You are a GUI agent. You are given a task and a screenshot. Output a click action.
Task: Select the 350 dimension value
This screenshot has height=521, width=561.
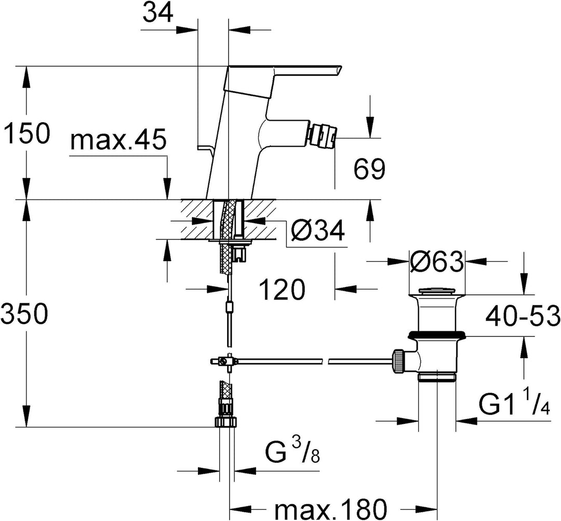click(x=24, y=314)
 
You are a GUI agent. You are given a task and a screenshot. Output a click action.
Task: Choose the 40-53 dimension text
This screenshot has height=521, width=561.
click(x=523, y=315)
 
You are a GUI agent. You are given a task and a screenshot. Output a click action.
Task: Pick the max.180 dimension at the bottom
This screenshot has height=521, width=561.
click(x=331, y=508)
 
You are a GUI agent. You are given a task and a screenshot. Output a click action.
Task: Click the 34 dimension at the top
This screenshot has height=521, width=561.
click(x=158, y=13)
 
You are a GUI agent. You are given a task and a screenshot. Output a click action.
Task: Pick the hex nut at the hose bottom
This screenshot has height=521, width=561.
click(x=226, y=422)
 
